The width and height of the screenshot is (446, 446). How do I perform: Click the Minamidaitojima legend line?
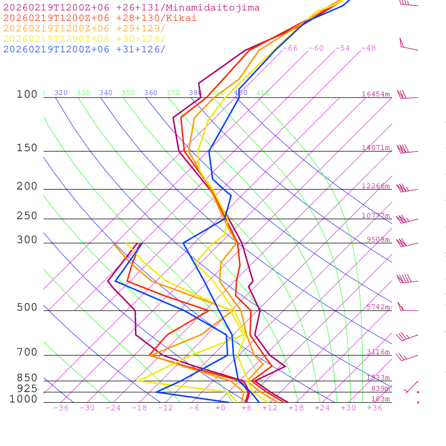[x=132, y=8]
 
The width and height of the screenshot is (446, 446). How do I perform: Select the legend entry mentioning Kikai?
[x=100, y=18]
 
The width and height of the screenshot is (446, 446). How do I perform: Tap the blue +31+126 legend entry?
[x=84, y=49]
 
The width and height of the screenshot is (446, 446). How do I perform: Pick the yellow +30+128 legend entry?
[x=84, y=39]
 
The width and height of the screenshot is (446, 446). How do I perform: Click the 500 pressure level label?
[x=27, y=307]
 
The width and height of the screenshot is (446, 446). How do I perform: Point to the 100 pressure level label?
[x=27, y=95]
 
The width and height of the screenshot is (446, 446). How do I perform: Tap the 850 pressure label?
[x=27, y=378]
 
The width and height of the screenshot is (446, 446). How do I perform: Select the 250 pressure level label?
[x=27, y=216]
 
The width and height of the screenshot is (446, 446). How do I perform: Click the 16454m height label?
[x=376, y=94]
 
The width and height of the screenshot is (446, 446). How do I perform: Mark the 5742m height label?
[x=378, y=307]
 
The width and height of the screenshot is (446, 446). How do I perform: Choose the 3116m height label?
[x=378, y=352]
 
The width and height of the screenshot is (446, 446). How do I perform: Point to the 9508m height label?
[x=378, y=240]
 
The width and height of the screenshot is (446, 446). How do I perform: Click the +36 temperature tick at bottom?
[x=375, y=408]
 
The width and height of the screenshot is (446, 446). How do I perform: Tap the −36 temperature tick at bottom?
[x=61, y=408]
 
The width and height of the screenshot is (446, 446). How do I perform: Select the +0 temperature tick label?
[x=220, y=408]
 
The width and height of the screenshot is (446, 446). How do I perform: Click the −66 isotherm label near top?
[x=290, y=48]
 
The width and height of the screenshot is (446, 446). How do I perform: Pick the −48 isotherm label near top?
[x=368, y=48]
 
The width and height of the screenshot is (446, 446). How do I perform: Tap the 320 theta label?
[x=61, y=93]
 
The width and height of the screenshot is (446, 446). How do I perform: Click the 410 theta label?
[x=263, y=93]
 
